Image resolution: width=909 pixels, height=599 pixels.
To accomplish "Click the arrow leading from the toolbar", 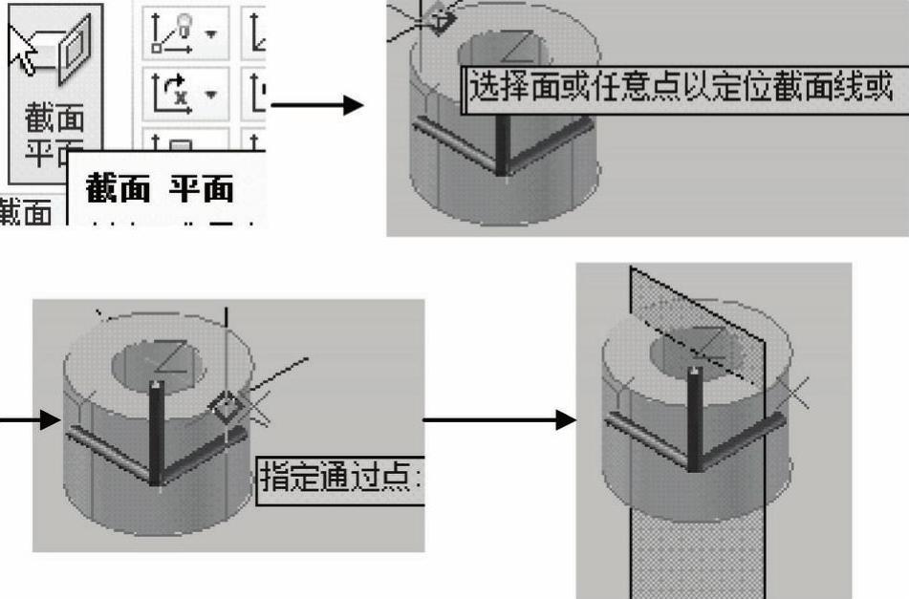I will (316, 104).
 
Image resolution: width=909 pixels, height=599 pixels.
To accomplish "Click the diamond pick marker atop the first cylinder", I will (440, 17).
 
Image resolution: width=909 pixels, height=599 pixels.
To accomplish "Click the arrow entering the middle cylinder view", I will (30, 420).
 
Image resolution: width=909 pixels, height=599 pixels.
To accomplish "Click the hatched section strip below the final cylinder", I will (697, 555).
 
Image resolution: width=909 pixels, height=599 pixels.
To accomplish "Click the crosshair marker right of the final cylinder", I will (792, 391).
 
